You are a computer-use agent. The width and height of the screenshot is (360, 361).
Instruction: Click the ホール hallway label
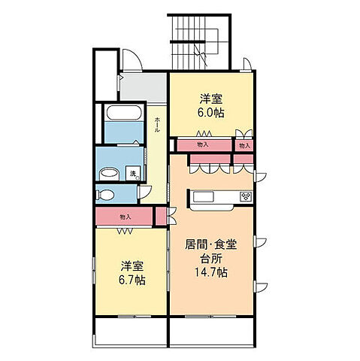point(157,124)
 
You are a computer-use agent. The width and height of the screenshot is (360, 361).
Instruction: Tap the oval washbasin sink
point(108,173)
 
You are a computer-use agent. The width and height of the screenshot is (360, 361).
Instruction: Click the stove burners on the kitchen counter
point(246,197)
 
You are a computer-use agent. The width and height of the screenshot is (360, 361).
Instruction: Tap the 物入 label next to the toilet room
point(125,217)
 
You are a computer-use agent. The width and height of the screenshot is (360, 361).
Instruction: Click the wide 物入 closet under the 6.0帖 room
point(203,144)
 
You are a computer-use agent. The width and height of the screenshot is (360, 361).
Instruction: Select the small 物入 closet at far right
point(244,144)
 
